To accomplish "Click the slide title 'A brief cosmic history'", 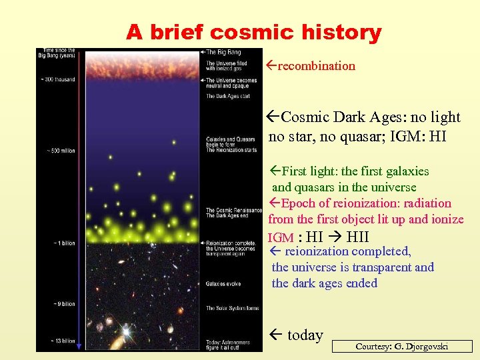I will (x=253, y=31).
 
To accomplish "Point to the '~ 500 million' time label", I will (x=57, y=151).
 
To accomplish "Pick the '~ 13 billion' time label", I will (x=59, y=341).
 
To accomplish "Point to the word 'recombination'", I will (x=316, y=65).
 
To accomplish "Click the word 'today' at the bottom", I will (x=305, y=335).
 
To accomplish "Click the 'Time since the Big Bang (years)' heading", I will (x=59, y=53).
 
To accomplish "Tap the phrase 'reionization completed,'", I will (x=348, y=251).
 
